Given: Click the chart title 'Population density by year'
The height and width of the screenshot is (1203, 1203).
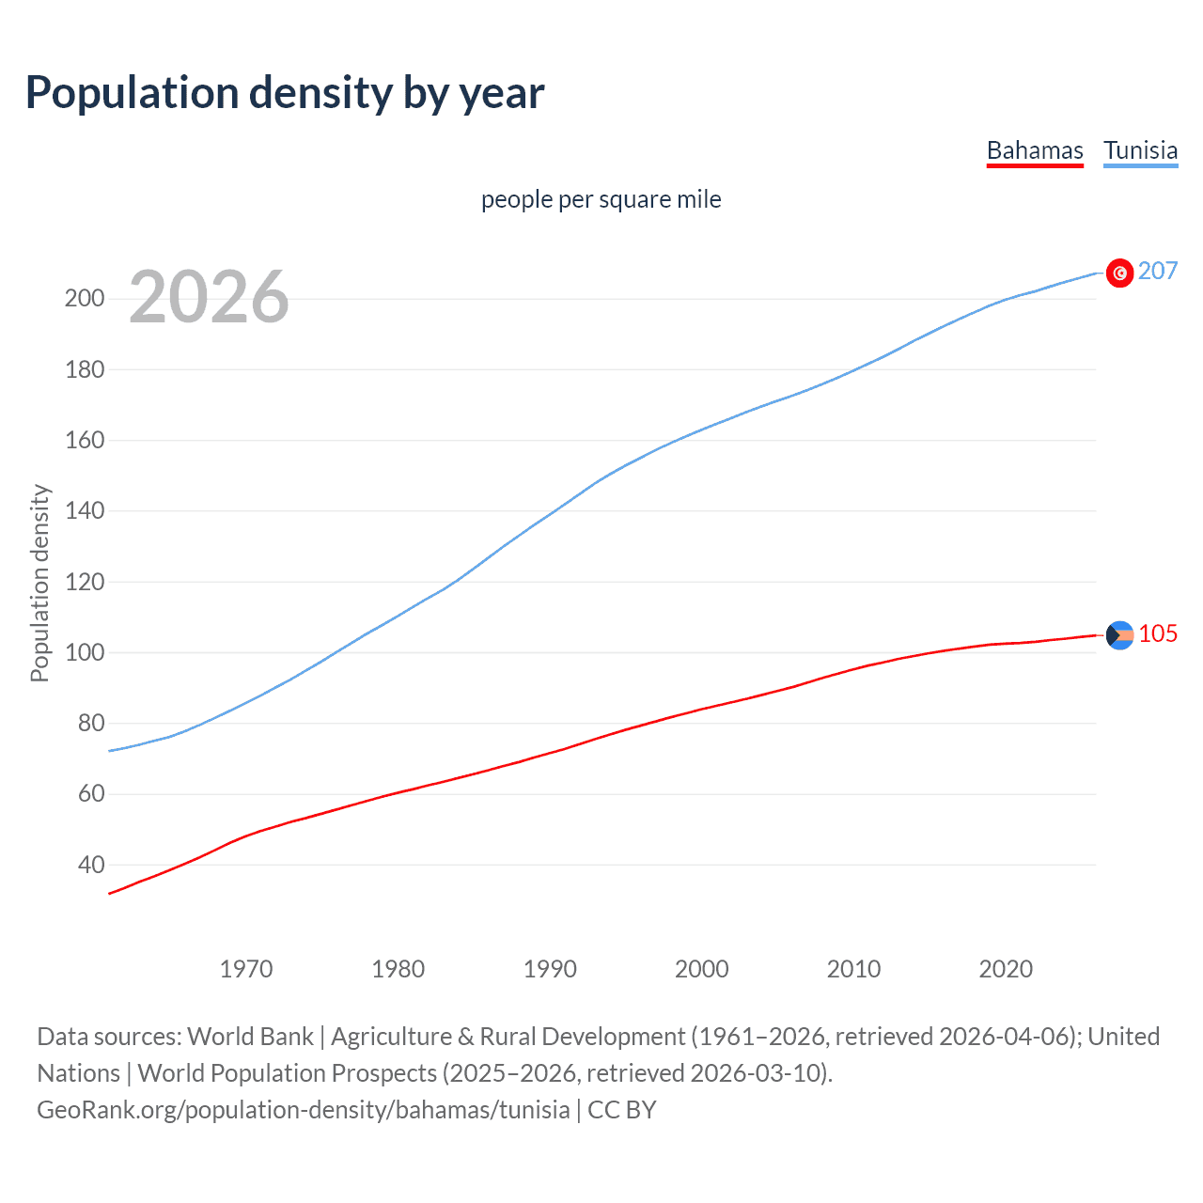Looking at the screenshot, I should coord(285,93).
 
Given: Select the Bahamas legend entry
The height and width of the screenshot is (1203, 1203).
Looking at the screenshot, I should coord(1035,150).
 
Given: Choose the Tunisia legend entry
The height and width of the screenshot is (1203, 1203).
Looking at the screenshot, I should coord(1140,150).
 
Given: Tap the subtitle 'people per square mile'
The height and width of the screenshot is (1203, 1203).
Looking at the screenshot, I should coord(601,200).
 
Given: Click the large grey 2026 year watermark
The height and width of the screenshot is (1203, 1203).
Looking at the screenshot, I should coord(209,297).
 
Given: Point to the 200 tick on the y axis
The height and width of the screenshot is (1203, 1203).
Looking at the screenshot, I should coord(84,299).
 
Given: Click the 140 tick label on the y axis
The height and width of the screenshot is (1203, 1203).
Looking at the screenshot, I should coord(84,511).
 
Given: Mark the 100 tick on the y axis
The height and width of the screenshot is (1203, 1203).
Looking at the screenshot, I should coord(84,652).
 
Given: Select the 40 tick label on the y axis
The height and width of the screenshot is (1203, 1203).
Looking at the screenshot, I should coord(90,865).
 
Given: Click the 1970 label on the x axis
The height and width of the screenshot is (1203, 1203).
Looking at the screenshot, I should coord(246,969).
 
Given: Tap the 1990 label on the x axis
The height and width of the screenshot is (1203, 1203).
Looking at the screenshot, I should coord(550,969).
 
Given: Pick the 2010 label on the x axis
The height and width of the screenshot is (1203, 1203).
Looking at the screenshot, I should coord(853,969).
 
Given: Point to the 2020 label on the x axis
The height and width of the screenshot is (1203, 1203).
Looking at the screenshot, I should coord(1006,969).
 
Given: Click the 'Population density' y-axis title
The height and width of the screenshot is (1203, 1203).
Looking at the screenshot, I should coord(39,583).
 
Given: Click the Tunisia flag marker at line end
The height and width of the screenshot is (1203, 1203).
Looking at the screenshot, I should coord(1119,273).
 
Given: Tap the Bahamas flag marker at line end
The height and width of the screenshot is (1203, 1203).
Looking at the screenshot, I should coord(1119,635).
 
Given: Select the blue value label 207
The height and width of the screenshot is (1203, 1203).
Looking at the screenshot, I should coord(1157,272).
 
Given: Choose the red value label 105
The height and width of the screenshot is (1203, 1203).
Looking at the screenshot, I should coord(1158,634).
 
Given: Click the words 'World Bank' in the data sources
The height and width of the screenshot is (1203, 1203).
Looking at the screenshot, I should coord(250,1037).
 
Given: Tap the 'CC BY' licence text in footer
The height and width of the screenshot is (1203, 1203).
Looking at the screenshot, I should coord(621,1110).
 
